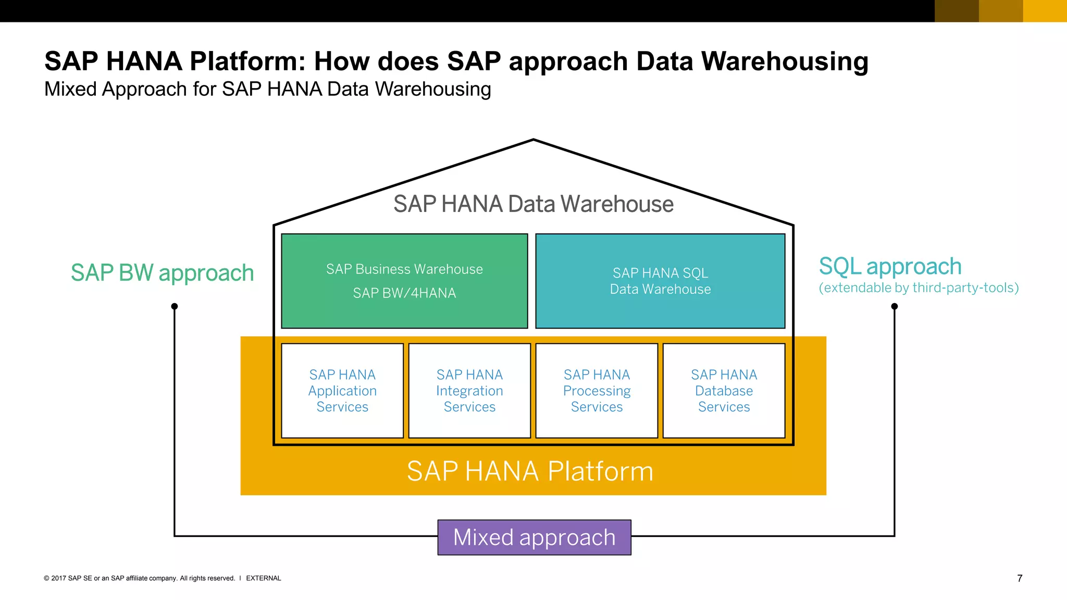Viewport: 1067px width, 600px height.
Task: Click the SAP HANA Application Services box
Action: (x=342, y=391)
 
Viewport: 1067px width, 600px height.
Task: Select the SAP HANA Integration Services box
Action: (x=469, y=391)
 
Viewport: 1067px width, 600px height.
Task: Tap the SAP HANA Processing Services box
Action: (x=597, y=391)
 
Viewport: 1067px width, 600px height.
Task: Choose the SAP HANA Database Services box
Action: (x=724, y=391)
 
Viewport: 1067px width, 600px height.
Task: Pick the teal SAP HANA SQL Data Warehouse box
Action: (x=660, y=281)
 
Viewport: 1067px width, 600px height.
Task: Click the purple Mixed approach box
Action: (x=534, y=537)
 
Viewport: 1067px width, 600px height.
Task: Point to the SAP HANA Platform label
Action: (x=530, y=471)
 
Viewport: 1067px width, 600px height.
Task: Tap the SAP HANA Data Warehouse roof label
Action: (x=533, y=204)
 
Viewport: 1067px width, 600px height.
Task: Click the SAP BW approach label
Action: (x=162, y=273)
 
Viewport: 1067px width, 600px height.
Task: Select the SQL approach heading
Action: (x=890, y=266)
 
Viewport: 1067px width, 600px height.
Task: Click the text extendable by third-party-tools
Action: (x=919, y=288)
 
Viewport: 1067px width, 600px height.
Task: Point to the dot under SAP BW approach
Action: (x=175, y=306)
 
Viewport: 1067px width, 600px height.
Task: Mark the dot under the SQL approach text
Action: (x=895, y=306)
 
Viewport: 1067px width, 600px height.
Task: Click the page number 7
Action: (x=1020, y=578)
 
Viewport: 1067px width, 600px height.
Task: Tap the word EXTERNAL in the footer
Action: (x=263, y=578)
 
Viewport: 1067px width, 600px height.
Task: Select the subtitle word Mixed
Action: (x=70, y=89)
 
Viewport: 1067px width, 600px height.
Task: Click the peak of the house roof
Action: (x=533, y=140)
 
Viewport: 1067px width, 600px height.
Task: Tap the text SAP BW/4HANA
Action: (x=404, y=293)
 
